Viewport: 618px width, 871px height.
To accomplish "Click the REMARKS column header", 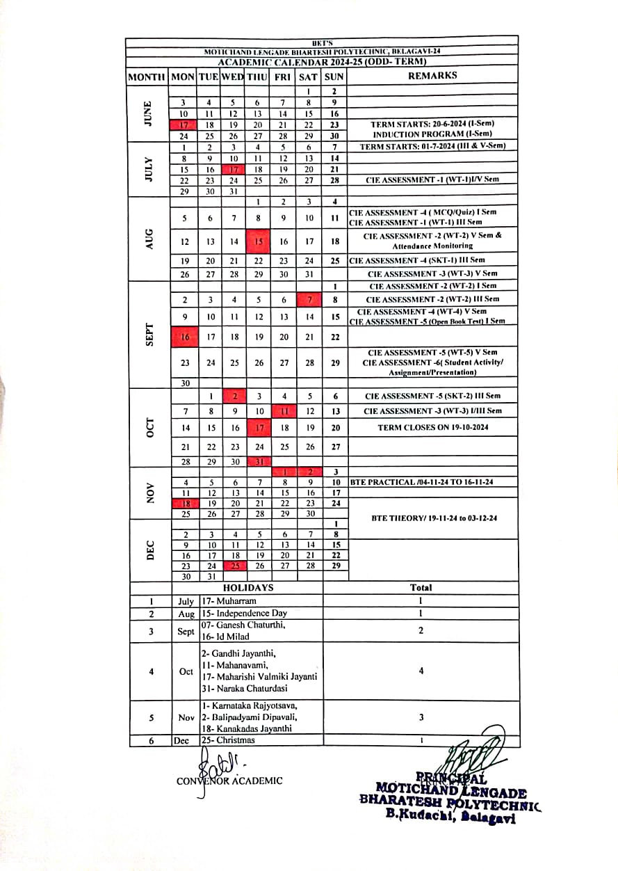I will [432, 76].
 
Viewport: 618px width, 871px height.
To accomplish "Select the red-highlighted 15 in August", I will [258, 241].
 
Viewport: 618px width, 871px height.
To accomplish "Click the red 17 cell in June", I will [184, 125].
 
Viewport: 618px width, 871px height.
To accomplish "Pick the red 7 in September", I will [309, 299].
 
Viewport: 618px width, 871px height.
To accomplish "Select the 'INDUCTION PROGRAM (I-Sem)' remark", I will [432, 134].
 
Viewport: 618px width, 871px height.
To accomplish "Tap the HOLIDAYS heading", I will [247, 588].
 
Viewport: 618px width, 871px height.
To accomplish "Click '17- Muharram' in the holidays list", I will [229, 600].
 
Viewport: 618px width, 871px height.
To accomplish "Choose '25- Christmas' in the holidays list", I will [228, 740].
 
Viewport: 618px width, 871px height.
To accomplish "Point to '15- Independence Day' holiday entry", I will [244, 614].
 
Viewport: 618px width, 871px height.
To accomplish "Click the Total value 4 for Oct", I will [421, 671].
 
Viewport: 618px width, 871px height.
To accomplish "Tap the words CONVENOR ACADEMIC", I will [230, 781].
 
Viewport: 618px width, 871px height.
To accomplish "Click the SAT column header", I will [309, 77].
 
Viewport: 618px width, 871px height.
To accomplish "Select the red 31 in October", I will [259, 462].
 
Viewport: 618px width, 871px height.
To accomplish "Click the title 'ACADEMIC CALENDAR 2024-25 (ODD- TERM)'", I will [322, 62].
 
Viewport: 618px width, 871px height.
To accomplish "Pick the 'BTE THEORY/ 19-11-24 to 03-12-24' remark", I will [434, 518].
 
